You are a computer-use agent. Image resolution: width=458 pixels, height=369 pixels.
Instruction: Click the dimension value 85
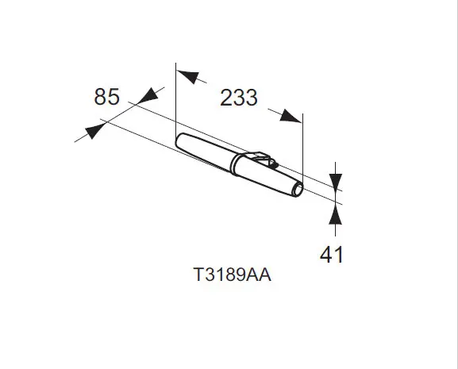(106, 97)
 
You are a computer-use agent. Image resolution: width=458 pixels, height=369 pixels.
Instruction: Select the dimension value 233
(239, 98)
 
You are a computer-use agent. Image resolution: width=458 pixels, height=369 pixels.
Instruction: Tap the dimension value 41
(332, 255)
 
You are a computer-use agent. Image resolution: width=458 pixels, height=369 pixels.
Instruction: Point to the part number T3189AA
(233, 275)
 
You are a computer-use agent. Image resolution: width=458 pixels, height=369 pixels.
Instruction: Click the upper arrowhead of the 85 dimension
(149, 95)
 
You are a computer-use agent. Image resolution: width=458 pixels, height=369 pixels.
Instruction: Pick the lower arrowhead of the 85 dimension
(94, 131)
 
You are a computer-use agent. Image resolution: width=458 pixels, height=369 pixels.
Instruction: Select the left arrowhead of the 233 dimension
(188, 76)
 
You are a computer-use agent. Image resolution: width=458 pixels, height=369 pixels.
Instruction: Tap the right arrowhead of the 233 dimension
(290, 116)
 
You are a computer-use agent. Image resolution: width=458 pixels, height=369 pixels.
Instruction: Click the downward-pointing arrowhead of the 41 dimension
(335, 181)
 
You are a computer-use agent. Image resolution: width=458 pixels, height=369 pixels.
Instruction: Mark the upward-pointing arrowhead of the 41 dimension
(335, 214)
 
